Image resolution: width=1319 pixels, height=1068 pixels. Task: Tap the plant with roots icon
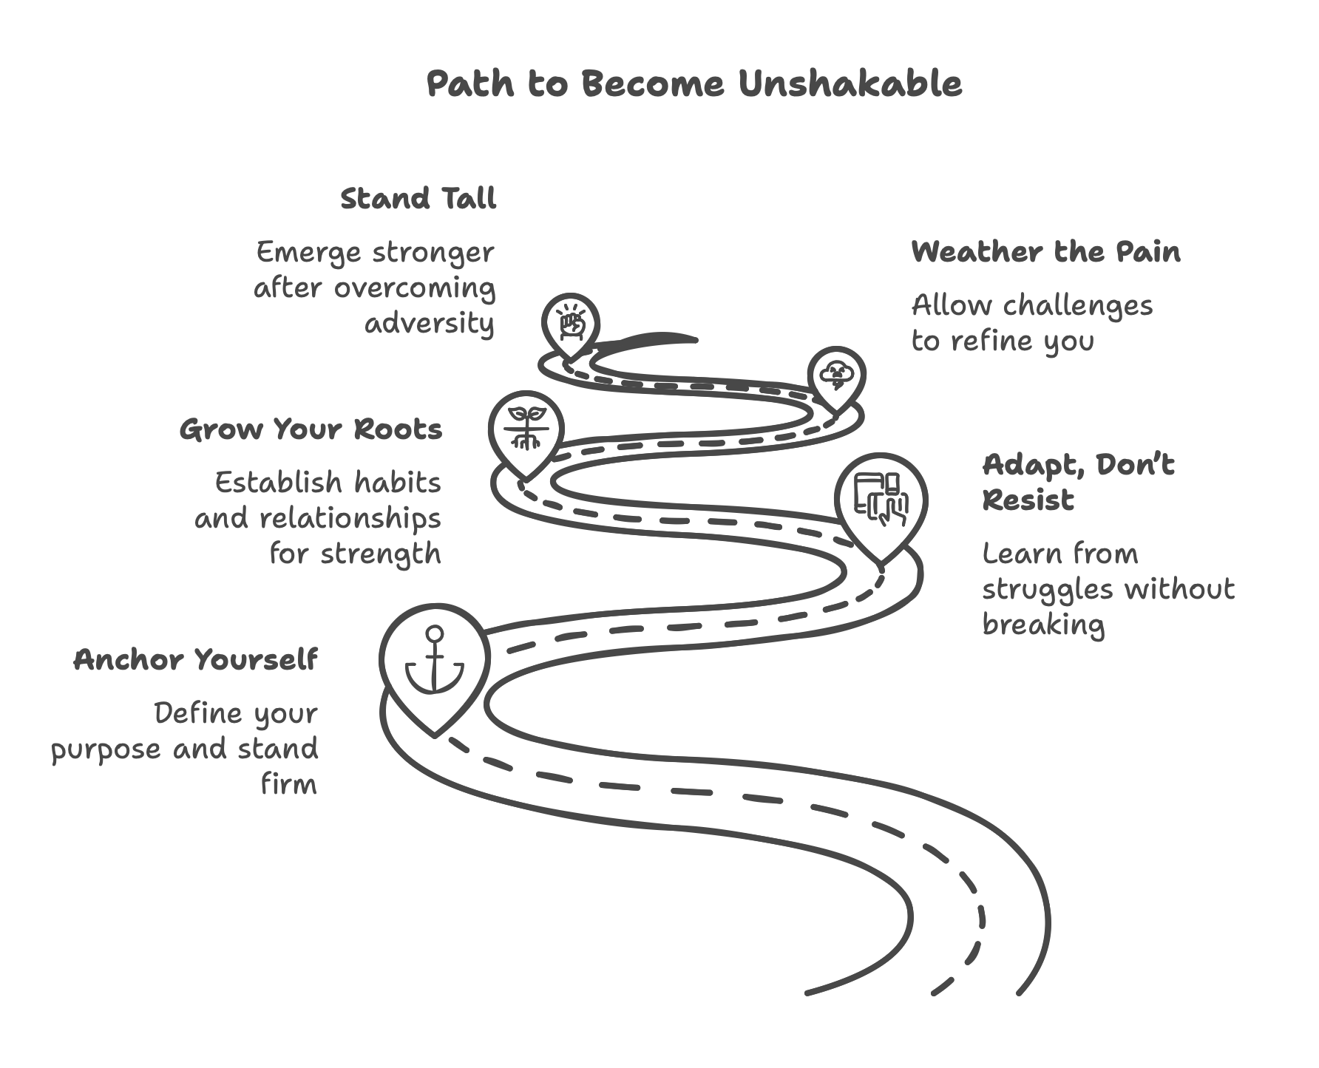526,428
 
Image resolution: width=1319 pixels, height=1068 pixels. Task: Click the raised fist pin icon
570,322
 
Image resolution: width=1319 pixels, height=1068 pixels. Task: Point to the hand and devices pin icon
881,499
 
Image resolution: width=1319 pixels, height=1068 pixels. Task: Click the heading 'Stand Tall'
418,199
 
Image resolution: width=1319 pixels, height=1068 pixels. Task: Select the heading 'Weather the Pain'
1045,252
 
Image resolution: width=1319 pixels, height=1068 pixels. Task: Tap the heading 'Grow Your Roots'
311,429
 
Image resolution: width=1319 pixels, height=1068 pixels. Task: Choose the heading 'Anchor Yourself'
196,659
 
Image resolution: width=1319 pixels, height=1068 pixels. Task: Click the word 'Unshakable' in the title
850,84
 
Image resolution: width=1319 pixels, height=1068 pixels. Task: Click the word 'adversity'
429,324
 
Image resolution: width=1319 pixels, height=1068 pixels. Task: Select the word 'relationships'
350,518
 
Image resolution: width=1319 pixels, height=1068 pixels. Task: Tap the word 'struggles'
1048,590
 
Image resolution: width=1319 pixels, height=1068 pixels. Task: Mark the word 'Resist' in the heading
1028,500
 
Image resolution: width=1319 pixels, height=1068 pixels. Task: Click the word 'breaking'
1043,625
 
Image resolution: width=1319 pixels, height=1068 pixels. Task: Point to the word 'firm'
289,783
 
